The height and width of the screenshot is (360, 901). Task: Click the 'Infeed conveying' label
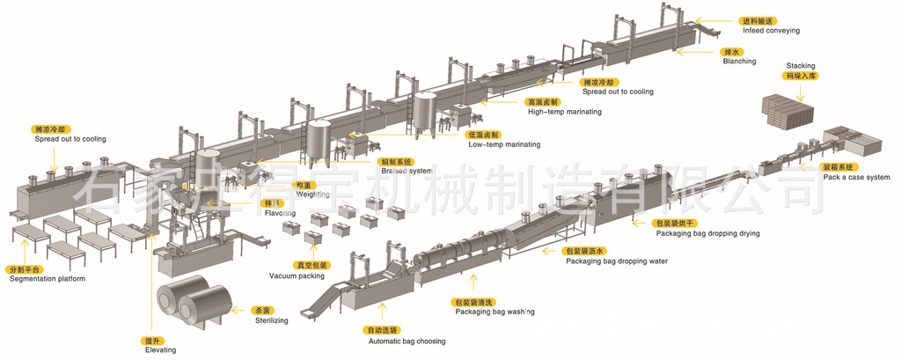771,30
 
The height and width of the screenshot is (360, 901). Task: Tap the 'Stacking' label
801,66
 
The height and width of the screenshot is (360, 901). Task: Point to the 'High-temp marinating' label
564,112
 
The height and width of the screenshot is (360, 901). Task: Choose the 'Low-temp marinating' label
504,143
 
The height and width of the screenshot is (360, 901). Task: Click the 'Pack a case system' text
857,177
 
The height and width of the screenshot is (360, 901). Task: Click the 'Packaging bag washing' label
494,312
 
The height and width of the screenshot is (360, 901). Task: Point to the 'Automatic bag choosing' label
406,341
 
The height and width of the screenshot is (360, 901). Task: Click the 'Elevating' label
160,349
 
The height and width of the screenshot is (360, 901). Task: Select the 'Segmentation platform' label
48,279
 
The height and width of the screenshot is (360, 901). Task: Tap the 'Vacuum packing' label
297,276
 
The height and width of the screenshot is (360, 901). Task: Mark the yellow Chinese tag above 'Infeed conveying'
759,19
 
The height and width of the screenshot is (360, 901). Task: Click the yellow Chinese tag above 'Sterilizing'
262,310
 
